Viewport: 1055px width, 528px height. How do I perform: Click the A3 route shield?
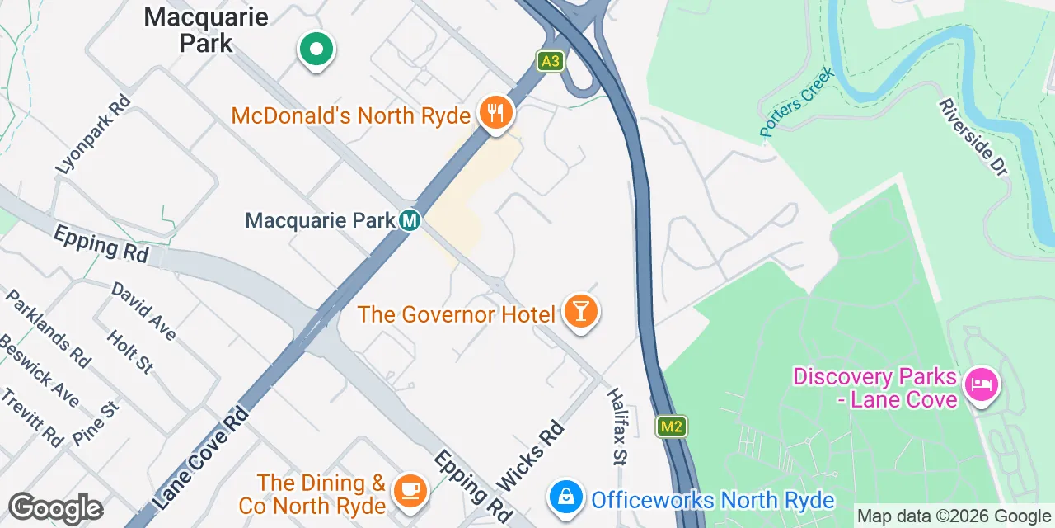(x=551, y=60)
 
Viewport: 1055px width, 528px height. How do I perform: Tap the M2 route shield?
(x=672, y=427)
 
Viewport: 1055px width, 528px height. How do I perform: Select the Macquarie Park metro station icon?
(x=410, y=220)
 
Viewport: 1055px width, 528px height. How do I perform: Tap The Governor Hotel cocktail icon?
(x=581, y=312)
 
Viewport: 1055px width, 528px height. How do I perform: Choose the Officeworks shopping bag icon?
(x=566, y=498)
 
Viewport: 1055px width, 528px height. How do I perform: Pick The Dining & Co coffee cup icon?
(x=409, y=489)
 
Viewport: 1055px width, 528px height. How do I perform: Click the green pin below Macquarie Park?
(x=315, y=49)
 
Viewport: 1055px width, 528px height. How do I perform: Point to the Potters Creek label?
(x=796, y=101)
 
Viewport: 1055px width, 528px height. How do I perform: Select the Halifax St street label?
(x=617, y=426)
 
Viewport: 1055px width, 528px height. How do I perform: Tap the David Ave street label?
(x=143, y=311)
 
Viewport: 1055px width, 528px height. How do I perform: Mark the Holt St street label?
(x=130, y=351)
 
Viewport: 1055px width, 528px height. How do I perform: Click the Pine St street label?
(x=96, y=423)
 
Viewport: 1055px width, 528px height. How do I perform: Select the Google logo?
(x=55, y=508)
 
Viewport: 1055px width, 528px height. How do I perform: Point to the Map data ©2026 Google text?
(x=954, y=516)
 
